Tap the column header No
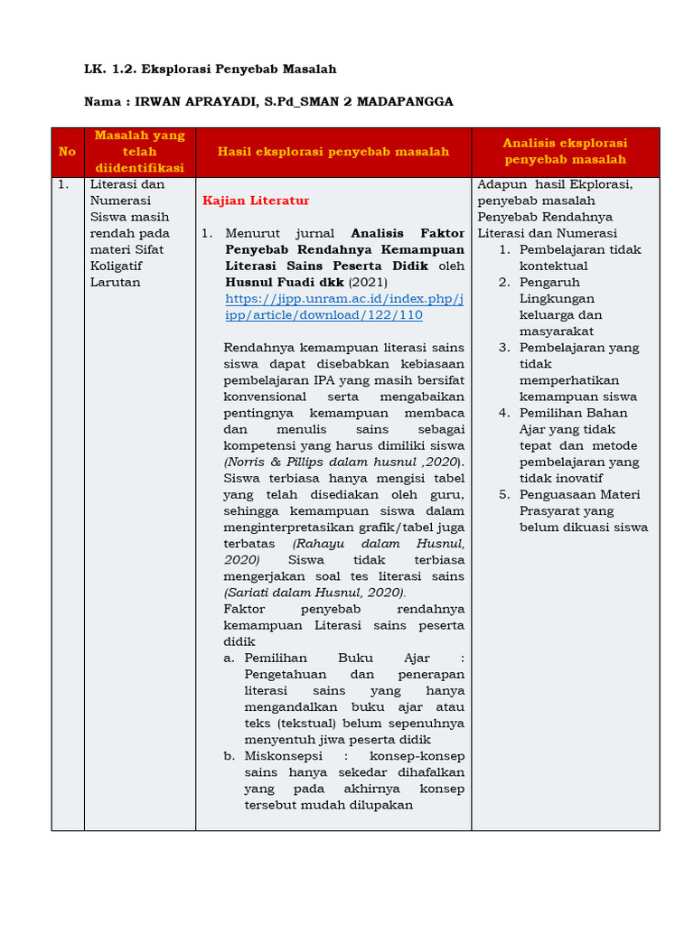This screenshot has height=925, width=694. (x=67, y=152)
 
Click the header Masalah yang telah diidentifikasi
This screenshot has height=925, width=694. (x=139, y=152)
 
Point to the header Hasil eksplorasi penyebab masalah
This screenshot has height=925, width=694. (x=333, y=152)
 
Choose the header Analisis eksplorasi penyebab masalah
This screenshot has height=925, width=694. (x=565, y=152)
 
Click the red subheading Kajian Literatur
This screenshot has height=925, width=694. (x=256, y=201)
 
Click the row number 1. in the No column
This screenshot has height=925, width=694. (x=62, y=184)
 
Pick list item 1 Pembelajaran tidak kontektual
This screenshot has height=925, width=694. (x=579, y=257)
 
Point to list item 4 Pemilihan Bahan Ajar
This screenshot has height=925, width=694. (x=578, y=445)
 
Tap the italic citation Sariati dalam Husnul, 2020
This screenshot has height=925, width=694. (x=314, y=593)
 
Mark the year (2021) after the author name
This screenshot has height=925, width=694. (x=369, y=282)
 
